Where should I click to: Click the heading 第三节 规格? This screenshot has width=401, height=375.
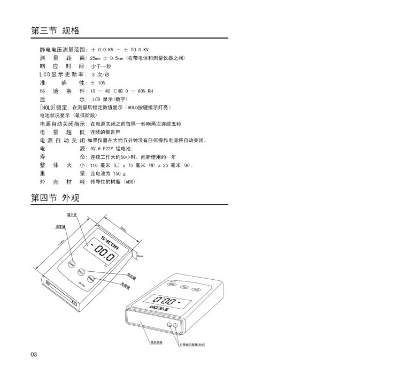pos(56,30)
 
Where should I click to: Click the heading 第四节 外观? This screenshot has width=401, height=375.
pos(56,198)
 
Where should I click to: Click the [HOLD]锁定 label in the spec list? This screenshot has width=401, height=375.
pos(50,108)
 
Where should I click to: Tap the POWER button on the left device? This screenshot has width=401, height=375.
pos(90,278)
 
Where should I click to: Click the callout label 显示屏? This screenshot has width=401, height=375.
pos(71,216)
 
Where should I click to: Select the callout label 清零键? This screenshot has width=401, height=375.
pos(60,227)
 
